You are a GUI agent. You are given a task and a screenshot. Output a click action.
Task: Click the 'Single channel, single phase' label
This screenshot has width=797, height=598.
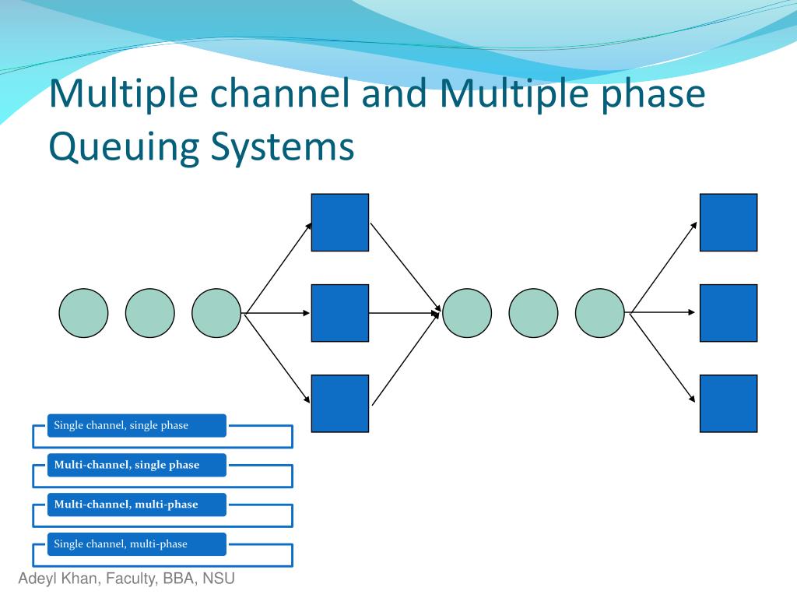pos(121,425)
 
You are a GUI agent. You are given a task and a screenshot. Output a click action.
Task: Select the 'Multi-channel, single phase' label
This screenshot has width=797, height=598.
pos(127,465)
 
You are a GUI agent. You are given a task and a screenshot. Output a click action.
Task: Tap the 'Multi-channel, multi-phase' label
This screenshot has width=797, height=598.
pos(126,505)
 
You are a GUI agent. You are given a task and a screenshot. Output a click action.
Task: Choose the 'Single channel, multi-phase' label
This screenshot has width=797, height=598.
pos(121,544)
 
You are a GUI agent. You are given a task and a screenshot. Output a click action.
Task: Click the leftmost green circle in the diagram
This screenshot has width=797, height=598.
pos(83,313)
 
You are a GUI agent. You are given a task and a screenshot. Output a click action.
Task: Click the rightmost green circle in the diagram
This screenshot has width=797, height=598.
pos(599,313)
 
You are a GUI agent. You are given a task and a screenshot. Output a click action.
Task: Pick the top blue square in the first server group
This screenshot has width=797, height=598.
pos(340,223)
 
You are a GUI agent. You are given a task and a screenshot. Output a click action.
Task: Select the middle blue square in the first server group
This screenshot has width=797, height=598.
pos(340,313)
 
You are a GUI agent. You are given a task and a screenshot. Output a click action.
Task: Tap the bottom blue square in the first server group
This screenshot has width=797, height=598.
pos(340,403)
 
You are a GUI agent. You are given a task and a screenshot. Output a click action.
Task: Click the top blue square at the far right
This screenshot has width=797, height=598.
pos(728,223)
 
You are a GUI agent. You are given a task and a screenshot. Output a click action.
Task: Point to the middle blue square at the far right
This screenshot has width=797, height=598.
pos(728,313)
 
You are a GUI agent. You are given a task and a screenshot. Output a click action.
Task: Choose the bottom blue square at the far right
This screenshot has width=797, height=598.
pos(728,403)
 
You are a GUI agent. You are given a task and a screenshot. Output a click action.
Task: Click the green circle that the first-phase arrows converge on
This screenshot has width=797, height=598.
pos(467,313)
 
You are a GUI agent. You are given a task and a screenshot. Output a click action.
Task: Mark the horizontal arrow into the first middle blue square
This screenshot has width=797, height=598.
pos(278,313)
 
